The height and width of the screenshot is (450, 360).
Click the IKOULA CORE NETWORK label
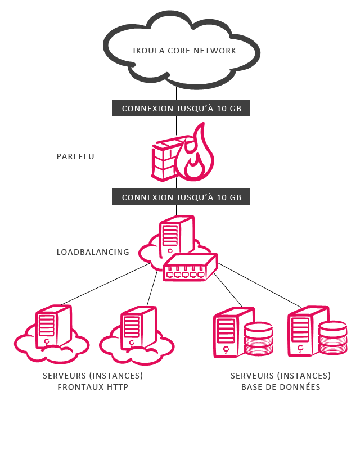click(x=184, y=51)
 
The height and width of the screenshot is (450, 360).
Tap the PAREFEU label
click(x=75, y=156)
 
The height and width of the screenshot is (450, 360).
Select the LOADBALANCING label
click(x=93, y=252)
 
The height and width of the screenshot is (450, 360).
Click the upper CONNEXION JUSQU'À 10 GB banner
click(x=181, y=108)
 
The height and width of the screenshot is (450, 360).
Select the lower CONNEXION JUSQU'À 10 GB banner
click(x=181, y=197)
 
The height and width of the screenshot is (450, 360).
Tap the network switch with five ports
click(x=190, y=267)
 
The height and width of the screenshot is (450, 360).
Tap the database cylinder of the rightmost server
click(x=333, y=338)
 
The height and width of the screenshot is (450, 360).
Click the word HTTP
click(x=118, y=387)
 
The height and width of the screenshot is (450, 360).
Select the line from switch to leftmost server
click(x=106, y=284)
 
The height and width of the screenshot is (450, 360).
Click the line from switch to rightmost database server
click(x=260, y=285)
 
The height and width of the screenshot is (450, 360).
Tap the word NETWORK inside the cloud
click(x=215, y=51)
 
